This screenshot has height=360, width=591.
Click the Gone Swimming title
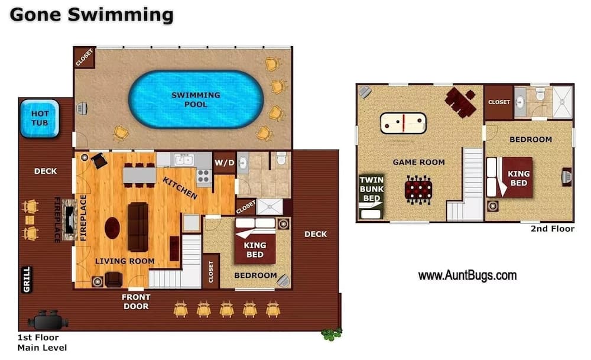(91, 15)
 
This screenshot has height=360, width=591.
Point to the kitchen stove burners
(203, 176)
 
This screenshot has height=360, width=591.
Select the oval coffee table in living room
(112, 228)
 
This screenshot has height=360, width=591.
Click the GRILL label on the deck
(27, 280)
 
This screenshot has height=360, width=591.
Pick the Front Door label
(136, 301)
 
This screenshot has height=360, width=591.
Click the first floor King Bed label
(255, 249)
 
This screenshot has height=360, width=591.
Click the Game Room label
(419, 162)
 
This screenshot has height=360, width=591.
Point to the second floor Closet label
(499, 102)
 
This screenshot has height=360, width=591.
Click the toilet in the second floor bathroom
(539, 95)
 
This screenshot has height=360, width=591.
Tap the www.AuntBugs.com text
(467, 275)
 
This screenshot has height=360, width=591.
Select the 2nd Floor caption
(552, 229)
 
